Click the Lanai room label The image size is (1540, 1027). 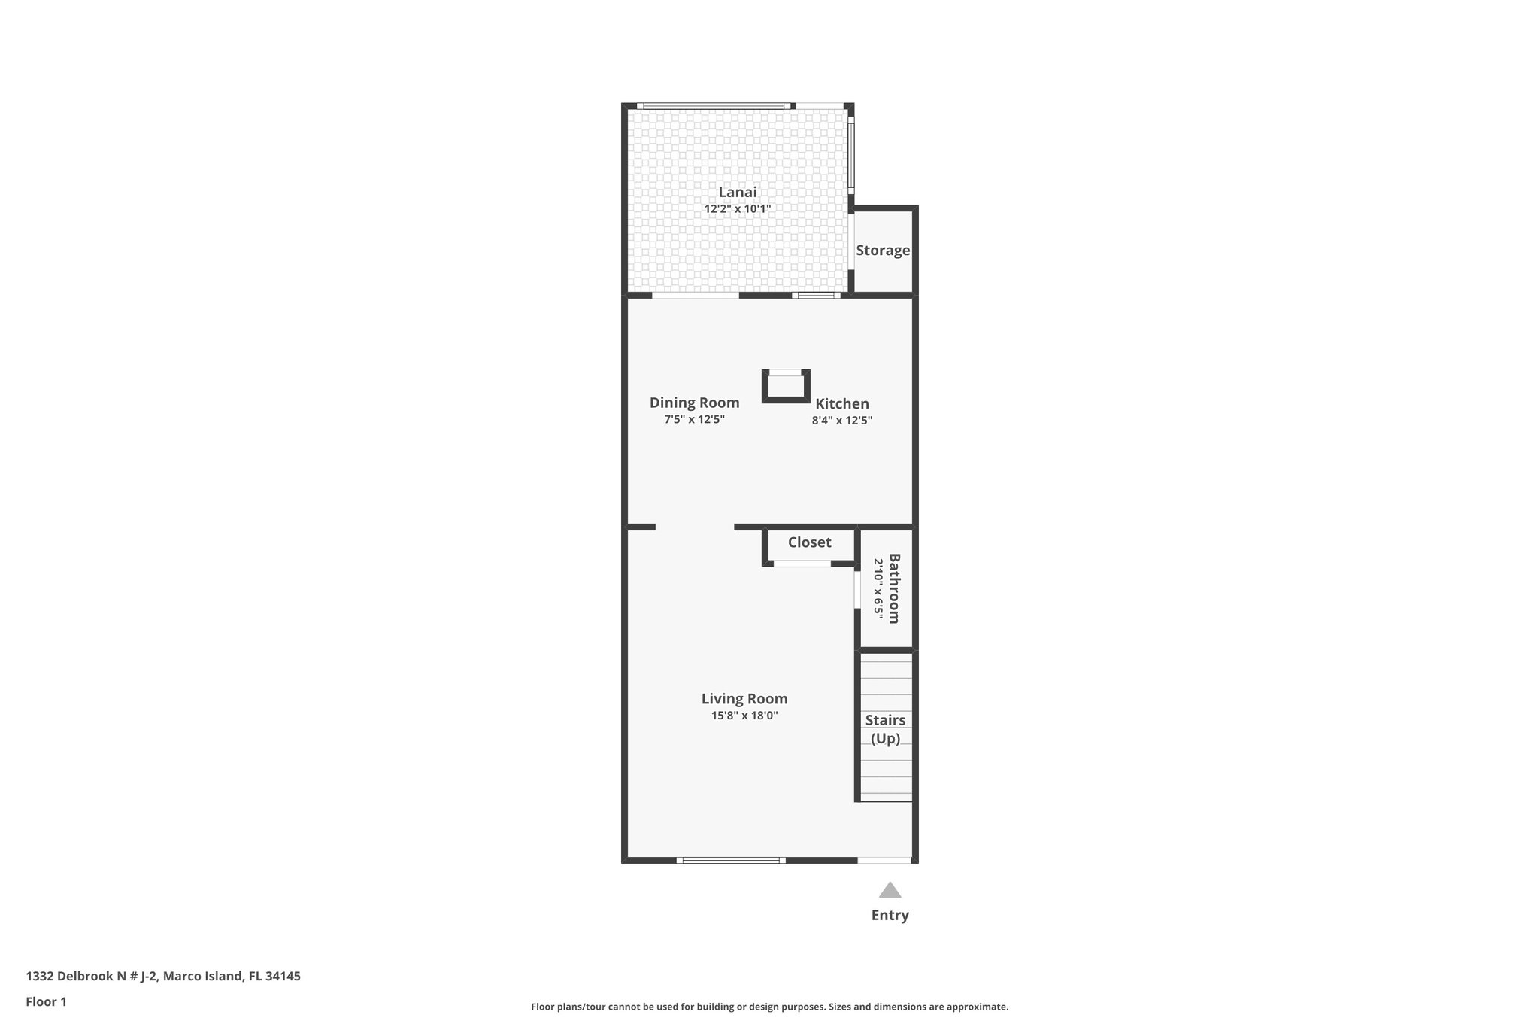point(737,192)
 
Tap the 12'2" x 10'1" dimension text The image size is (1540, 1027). point(737,209)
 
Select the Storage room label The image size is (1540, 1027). point(883,251)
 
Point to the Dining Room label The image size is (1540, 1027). point(694,403)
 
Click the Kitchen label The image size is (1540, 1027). point(842,403)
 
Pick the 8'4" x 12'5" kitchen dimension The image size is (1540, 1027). point(841,421)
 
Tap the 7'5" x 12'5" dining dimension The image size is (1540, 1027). point(694,420)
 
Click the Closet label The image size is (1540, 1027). point(809,542)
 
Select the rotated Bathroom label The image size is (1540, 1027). point(894,588)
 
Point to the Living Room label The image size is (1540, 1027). point(744,699)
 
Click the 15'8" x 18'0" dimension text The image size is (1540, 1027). point(744,716)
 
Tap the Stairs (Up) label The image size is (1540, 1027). point(885,729)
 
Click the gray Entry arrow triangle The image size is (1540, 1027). point(890,891)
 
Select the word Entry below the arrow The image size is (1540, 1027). point(890,916)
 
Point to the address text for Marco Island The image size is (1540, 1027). point(163,977)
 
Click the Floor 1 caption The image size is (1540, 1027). point(46,1002)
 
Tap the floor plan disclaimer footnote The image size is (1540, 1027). point(769,1007)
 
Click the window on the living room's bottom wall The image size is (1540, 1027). point(730,860)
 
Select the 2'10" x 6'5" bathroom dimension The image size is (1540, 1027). point(878,588)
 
